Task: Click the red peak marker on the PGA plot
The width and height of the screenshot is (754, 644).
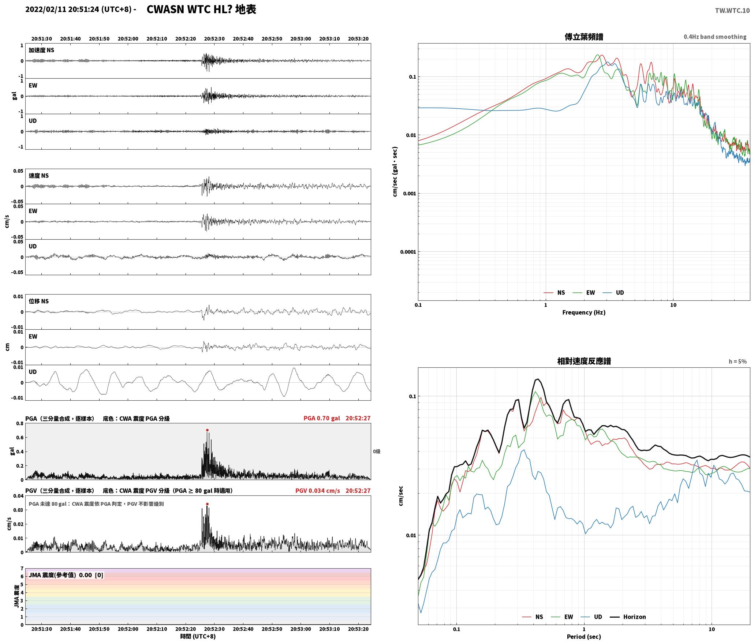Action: (x=207, y=430)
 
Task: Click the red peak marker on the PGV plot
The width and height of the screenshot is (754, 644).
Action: (x=207, y=504)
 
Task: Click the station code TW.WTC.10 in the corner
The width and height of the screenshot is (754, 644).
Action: (x=732, y=11)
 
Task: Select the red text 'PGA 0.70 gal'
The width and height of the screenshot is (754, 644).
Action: (x=322, y=418)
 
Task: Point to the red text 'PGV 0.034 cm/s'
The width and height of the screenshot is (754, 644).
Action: (x=318, y=491)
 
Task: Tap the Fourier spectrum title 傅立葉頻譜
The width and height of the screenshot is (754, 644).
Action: (x=584, y=37)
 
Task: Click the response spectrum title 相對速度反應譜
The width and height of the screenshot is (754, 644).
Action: (x=584, y=361)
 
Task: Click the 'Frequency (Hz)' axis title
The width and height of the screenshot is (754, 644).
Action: (x=584, y=312)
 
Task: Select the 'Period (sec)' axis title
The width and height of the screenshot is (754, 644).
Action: (x=584, y=637)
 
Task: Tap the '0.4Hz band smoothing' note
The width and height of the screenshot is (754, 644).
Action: (x=715, y=37)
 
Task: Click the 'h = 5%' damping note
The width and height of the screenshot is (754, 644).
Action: (x=738, y=362)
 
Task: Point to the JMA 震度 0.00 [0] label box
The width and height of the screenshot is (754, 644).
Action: (x=66, y=575)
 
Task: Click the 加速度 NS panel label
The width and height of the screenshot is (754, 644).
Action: (x=41, y=50)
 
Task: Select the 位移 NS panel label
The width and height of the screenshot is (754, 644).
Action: (x=38, y=301)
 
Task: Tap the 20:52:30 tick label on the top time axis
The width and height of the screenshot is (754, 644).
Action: (x=214, y=39)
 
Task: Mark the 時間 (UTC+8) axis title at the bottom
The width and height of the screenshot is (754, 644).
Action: (x=198, y=636)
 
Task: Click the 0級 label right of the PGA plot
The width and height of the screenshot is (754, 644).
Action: (x=377, y=452)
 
